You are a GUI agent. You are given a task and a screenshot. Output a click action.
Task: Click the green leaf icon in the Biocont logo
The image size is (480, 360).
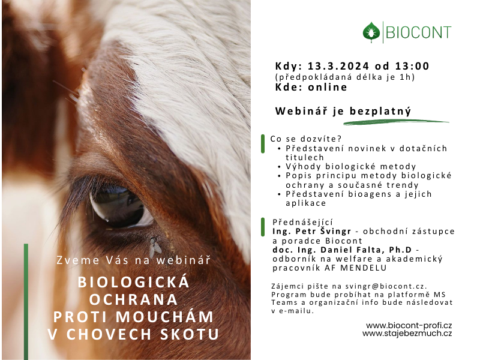click(x=371, y=32)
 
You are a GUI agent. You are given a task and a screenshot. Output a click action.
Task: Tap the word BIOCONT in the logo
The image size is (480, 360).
click(x=418, y=32)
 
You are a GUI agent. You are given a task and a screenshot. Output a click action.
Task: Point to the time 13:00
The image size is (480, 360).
click(x=412, y=66)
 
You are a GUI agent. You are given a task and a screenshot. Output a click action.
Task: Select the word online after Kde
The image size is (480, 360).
click(x=328, y=87)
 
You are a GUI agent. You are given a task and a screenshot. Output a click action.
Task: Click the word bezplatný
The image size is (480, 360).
click(x=380, y=111)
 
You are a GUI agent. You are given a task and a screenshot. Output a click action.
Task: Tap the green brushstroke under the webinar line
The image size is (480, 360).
click(x=396, y=122)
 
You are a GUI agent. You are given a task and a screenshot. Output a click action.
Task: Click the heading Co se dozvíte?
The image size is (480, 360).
click(x=305, y=139)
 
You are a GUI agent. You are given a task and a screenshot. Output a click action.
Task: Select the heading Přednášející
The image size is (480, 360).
click(x=302, y=222)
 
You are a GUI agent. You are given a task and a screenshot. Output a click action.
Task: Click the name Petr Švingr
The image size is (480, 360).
click(x=323, y=231)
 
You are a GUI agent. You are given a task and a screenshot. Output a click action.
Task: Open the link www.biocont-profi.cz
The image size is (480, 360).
click(x=409, y=325)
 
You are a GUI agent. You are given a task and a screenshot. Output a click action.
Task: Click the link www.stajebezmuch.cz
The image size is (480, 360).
click(x=407, y=333)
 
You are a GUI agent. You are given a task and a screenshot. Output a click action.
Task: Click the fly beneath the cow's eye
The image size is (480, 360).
click(x=155, y=247)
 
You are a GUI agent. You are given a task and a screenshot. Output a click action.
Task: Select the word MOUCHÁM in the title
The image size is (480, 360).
click(x=164, y=317)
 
